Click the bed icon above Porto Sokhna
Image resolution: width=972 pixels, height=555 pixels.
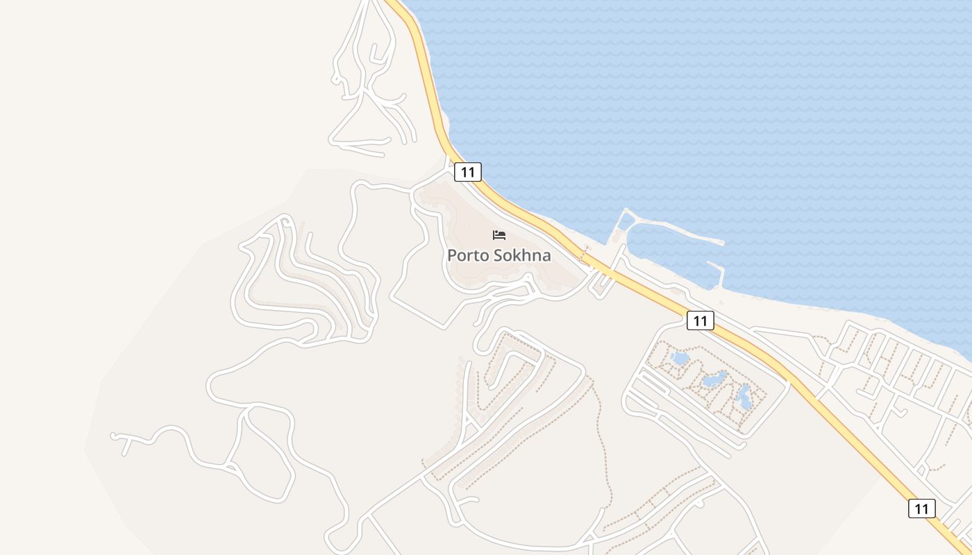pyautogui.click(x=499, y=235)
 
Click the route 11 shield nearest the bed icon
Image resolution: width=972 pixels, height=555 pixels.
pyautogui.click(x=467, y=171)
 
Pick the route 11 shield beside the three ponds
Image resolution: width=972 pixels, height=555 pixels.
pyautogui.click(x=700, y=320)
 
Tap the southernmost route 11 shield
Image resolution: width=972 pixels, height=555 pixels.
pyautogui.click(x=921, y=509)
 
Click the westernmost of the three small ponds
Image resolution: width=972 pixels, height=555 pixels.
pyautogui.click(x=680, y=358)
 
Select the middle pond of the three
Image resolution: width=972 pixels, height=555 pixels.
pyautogui.click(x=713, y=379)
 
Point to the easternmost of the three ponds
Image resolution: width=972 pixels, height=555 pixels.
pyautogui.click(x=743, y=397)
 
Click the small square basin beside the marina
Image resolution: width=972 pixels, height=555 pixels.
pyautogui.click(x=626, y=221)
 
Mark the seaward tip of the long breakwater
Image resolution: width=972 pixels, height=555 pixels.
pyautogui.click(x=722, y=243)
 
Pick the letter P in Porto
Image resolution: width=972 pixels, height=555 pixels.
pyautogui.click(x=452, y=255)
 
